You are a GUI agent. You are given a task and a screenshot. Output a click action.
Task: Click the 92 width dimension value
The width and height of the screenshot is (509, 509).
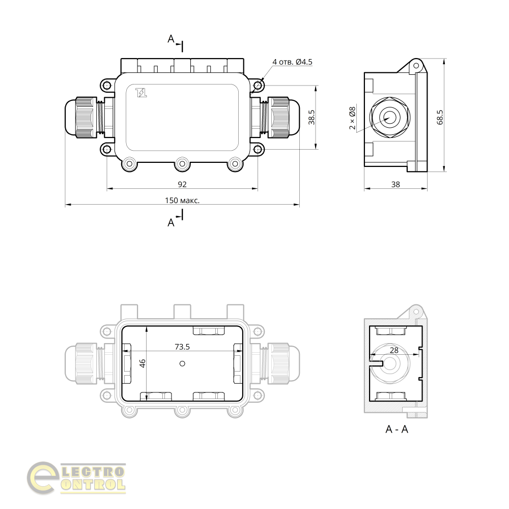[182, 184]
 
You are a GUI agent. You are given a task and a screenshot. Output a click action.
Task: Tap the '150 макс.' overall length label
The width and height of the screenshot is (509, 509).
[182, 201]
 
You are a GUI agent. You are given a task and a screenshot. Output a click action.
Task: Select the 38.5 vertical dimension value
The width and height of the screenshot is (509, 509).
[312, 117]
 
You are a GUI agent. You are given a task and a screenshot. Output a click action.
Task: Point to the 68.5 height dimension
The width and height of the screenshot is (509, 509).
[440, 117]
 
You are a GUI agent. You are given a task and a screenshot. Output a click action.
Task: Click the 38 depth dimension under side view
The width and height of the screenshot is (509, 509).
[395, 184]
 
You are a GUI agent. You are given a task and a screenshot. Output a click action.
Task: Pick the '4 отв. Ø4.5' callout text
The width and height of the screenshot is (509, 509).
[292, 62]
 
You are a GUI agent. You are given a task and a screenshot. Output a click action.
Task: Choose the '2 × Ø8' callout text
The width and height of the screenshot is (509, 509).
[352, 118]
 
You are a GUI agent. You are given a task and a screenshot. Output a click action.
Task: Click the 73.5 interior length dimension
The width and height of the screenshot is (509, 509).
[182, 347]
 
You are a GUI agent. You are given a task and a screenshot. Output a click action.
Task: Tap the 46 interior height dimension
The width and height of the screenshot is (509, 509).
[143, 363]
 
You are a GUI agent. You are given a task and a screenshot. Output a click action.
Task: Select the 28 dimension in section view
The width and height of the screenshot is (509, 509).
[394, 350]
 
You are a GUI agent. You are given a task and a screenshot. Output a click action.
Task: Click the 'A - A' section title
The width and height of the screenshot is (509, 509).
[397, 429]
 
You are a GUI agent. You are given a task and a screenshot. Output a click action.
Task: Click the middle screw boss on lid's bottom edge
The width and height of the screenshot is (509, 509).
[182, 164]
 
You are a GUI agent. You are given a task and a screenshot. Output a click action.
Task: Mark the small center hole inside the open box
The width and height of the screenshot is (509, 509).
[182, 363]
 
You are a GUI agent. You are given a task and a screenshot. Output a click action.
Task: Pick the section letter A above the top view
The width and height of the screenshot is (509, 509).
[171, 39]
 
